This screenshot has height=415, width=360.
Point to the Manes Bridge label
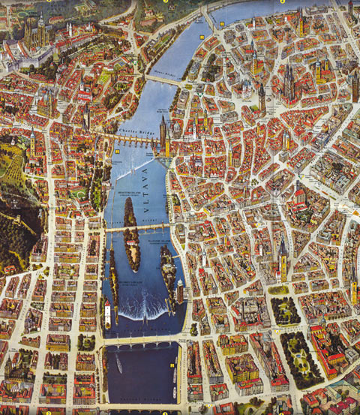pyautogui.click(x=163, y=75)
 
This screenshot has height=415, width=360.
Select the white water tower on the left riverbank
pyautogui.click(x=107, y=313)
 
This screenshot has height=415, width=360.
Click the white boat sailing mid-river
pyautogui.click(x=118, y=365)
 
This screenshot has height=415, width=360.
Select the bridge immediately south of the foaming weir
pyautogui.click(x=142, y=342)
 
